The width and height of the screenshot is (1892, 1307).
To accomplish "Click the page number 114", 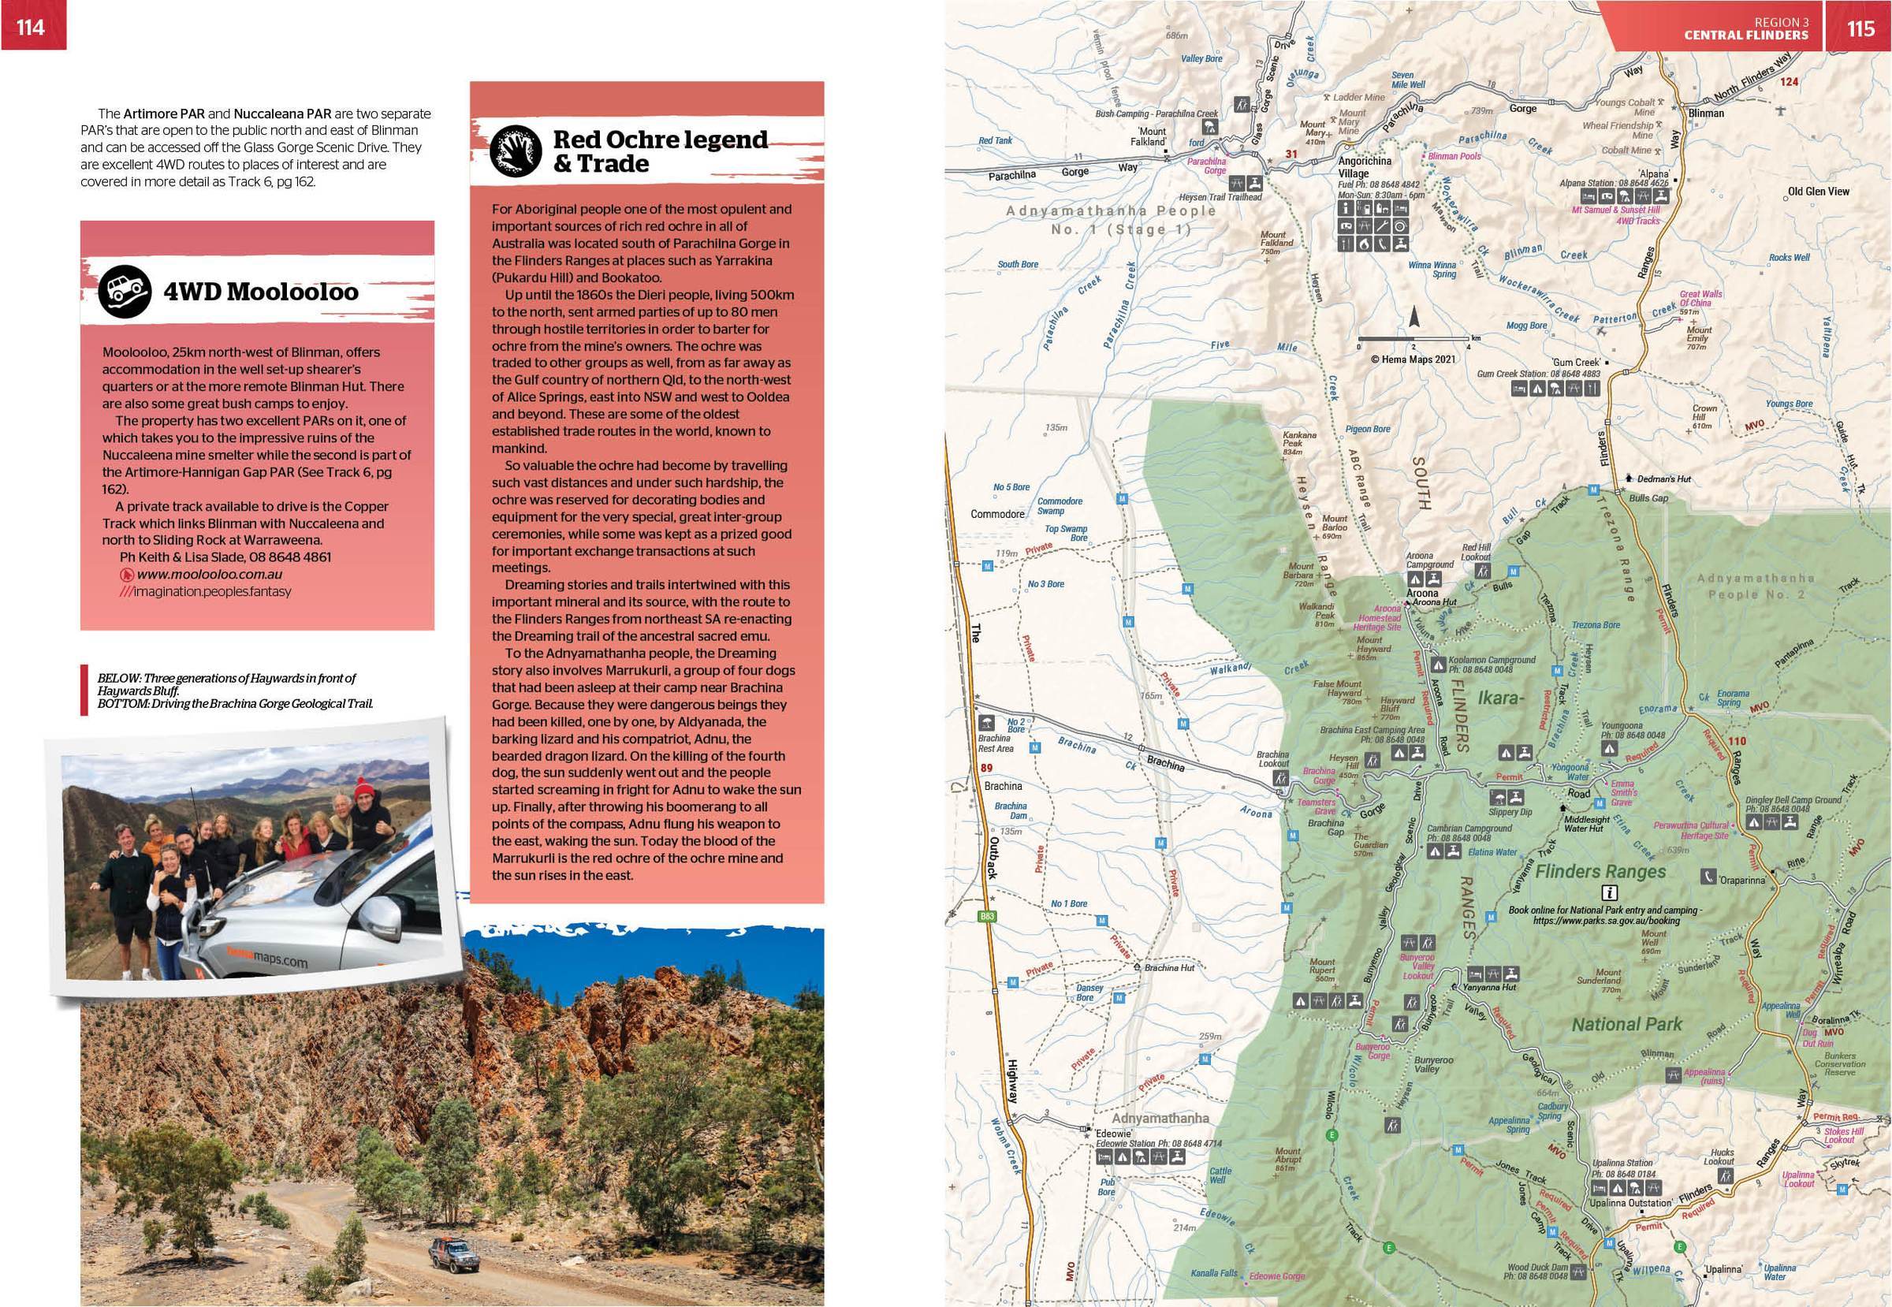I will pyautogui.click(x=30, y=27).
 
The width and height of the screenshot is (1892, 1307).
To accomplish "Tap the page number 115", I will pyautogui.click(x=1860, y=28).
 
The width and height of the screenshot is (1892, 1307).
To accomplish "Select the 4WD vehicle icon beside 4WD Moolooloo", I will pyautogui.click(x=125, y=292).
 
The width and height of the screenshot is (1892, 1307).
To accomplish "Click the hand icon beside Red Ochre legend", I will pyautogui.click(x=517, y=151).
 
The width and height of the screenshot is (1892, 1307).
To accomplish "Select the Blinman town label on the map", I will pyautogui.click(x=1706, y=113).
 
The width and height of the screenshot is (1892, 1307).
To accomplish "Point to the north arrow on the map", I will pyautogui.click(x=1412, y=317).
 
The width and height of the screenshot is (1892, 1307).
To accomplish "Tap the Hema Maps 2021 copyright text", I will pyautogui.click(x=1413, y=359).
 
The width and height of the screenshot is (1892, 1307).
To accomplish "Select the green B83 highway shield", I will pyautogui.click(x=988, y=916).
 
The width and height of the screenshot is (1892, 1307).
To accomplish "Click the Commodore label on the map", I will pyautogui.click(x=996, y=514).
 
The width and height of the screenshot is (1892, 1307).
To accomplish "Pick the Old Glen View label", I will pyautogui.click(x=1818, y=192).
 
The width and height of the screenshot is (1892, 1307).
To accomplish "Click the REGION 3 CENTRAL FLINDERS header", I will pyautogui.click(x=1745, y=28).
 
